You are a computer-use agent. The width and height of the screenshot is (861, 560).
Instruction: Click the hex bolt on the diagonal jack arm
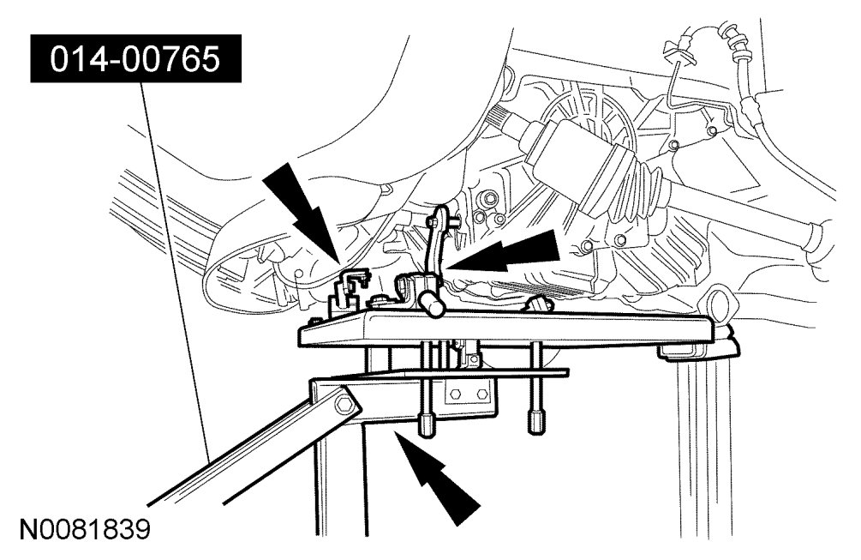[344, 402]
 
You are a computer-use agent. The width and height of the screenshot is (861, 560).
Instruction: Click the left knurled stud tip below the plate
[426, 425]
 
